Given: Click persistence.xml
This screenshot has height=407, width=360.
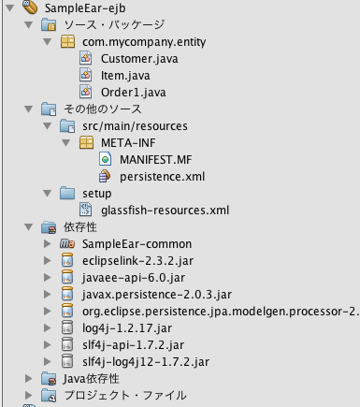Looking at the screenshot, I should tap(161, 176).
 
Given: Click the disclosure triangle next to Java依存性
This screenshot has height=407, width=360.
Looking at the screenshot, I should tap(31, 379).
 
